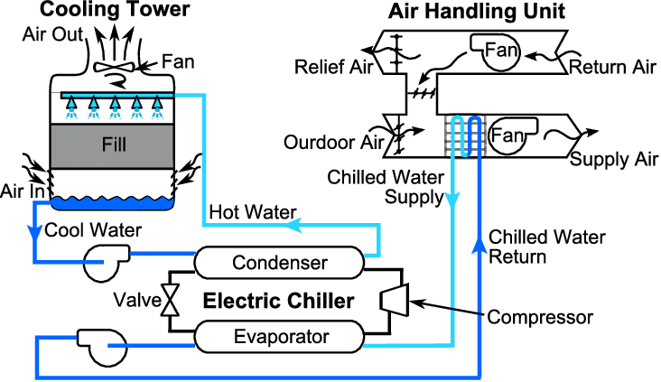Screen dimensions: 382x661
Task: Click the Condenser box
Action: [x=278, y=263]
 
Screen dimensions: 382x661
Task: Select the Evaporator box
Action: [x=278, y=337]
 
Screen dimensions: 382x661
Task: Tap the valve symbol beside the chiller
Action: [x=169, y=300]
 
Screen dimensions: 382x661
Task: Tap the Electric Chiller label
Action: [x=277, y=301]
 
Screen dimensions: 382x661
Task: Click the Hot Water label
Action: [x=252, y=212]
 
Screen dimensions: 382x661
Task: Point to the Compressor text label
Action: [x=540, y=317]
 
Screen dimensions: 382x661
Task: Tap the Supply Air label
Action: [x=613, y=160]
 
